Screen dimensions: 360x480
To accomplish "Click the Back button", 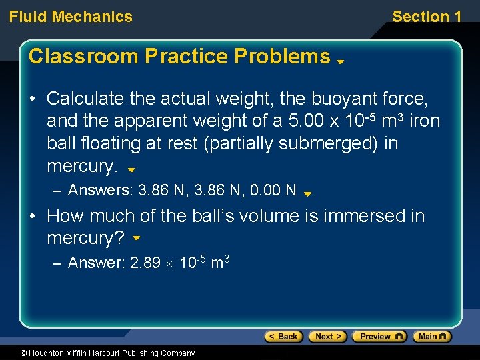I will click(x=283, y=337).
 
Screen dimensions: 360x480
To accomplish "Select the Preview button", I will click(x=379, y=337).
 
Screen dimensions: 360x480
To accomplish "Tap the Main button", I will click(x=431, y=337).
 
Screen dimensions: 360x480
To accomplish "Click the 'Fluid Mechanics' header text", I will click(x=71, y=17).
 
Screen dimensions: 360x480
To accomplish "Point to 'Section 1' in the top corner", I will click(x=427, y=17).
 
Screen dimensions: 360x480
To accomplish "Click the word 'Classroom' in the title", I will click(x=83, y=57).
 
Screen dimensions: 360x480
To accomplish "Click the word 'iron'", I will click(x=425, y=122).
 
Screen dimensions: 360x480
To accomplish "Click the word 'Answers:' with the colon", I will click(x=101, y=191).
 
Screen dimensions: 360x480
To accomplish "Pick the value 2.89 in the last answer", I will click(x=145, y=263).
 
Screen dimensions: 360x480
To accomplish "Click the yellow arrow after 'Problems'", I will click(x=339, y=61).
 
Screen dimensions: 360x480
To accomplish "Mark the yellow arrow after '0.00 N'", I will click(x=307, y=194).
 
